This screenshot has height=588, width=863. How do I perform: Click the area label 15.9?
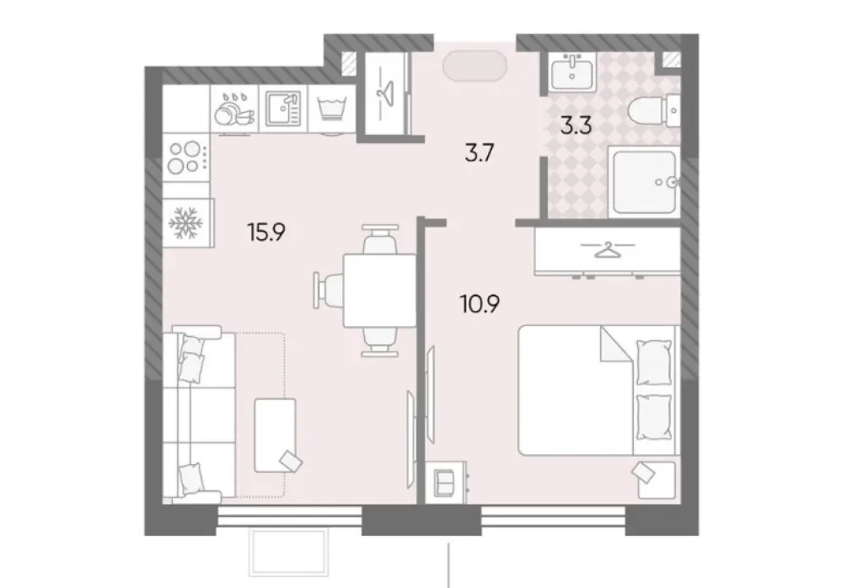[x=266, y=233]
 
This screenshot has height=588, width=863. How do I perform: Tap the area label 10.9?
[x=480, y=303]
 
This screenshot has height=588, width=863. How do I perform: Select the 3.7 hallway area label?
[x=480, y=153]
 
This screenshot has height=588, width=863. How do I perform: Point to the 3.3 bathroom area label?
[x=576, y=126]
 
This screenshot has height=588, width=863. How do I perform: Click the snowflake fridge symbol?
[x=185, y=222]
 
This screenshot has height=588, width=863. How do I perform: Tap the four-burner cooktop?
[x=185, y=158]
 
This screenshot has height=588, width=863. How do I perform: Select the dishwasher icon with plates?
[x=235, y=109]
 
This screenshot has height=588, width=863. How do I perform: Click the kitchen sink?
[x=283, y=109]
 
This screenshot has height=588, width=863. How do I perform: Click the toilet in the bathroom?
[x=653, y=111]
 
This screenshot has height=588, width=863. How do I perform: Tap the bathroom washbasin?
[x=572, y=72]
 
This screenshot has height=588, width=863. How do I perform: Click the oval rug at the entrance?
[x=474, y=67]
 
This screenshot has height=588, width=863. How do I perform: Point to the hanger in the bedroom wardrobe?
[x=608, y=249]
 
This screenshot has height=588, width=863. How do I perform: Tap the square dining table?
[x=380, y=291]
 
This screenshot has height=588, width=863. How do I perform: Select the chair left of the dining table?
[x=328, y=290]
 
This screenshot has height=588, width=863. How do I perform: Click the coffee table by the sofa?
[x=276, y=435]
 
